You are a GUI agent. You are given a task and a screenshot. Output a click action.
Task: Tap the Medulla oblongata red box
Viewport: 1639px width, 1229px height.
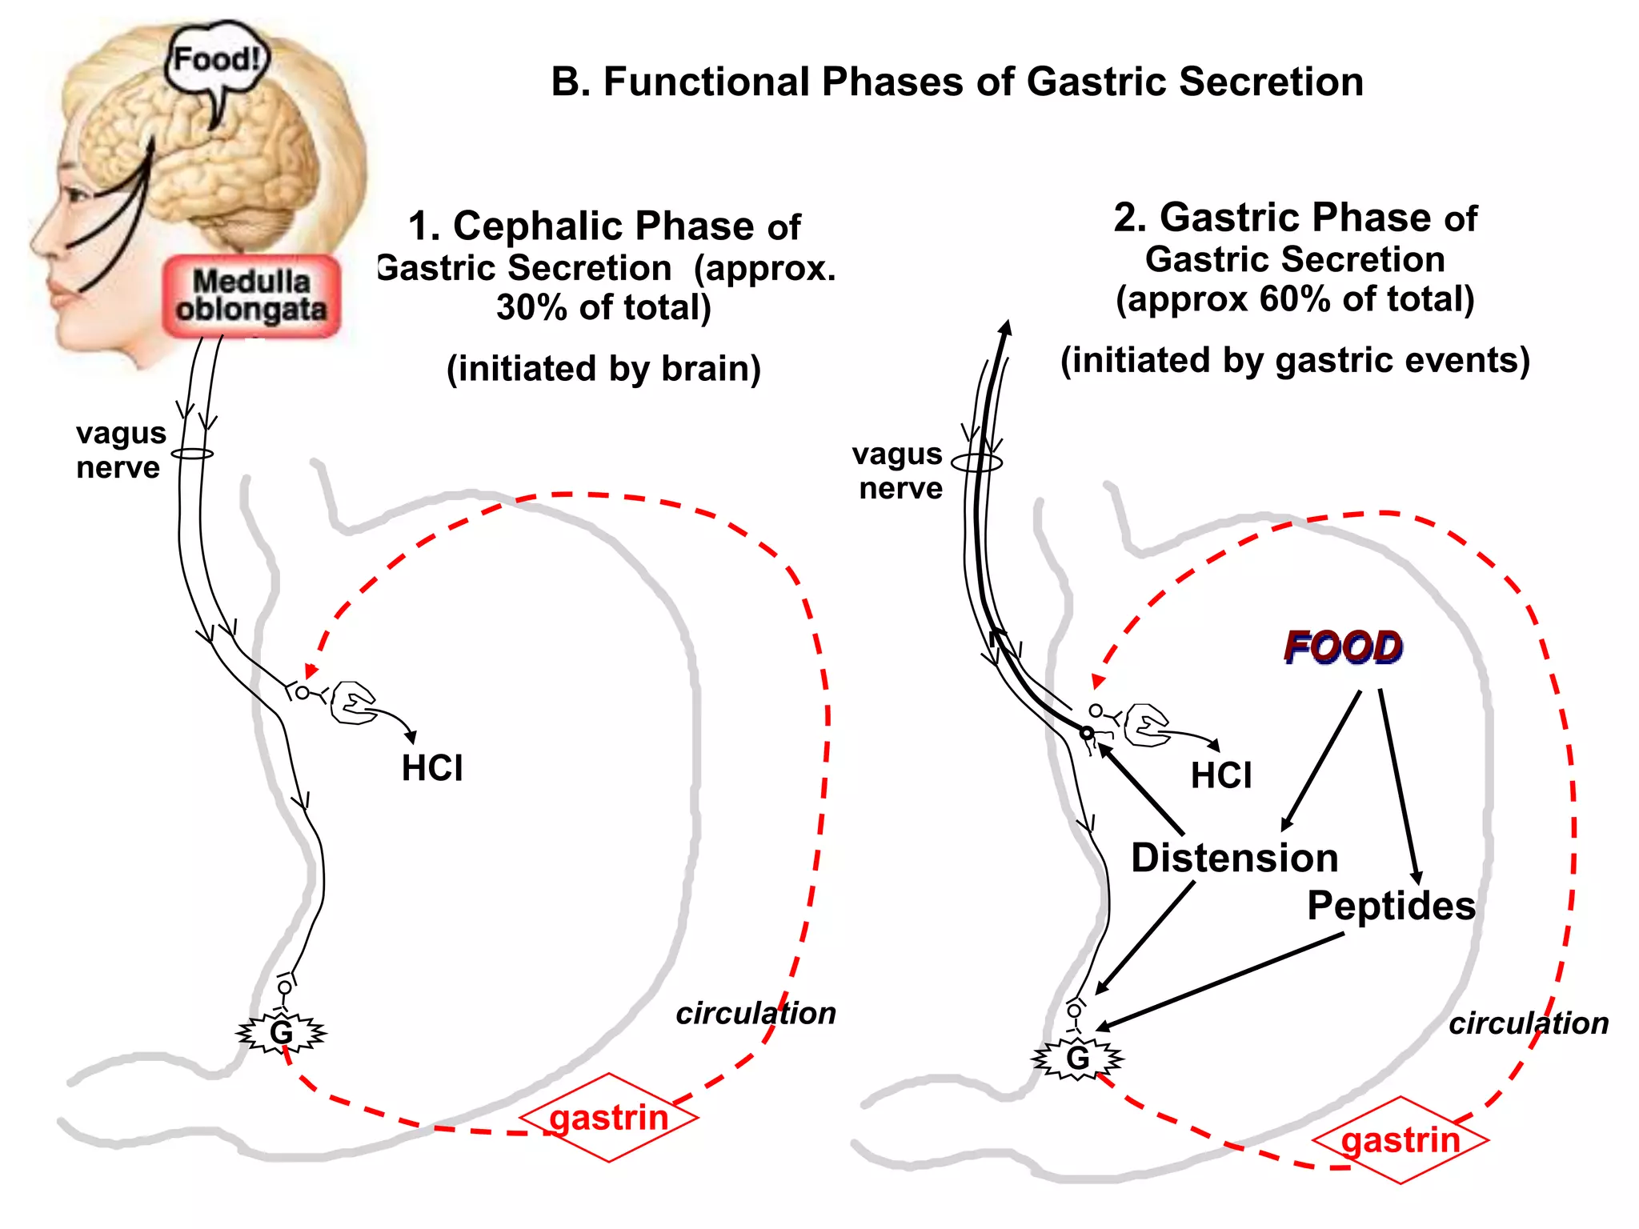(x=251, y=296)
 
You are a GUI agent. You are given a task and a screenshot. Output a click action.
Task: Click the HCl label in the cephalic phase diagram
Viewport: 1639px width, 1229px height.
(x=432, y=768)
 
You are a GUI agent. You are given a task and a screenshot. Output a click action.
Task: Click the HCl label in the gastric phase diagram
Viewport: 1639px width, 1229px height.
(x=1221, y=775)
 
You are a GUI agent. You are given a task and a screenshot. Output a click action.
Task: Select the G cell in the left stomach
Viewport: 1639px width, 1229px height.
(x=281, y=1033)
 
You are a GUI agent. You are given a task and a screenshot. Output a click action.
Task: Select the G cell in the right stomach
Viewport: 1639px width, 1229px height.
(x=1078, y=1059)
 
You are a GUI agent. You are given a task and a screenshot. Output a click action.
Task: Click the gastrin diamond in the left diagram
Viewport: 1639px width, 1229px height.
(x=609, y=1118)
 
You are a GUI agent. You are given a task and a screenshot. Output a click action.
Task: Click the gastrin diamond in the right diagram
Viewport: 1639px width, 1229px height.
(x=1401, y=1140)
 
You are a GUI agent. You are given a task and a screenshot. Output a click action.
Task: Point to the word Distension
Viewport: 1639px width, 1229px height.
(x=1234, y=858)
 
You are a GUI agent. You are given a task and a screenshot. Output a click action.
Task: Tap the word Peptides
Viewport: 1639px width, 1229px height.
(x=1391, y=906)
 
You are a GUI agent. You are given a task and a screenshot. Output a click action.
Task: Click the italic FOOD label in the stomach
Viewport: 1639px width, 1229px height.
(x=1343, y=647)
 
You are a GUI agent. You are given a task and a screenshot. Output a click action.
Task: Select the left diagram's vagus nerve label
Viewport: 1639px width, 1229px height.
(x=120, y=450)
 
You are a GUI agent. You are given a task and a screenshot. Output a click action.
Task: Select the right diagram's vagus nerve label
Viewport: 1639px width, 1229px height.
(x=898, y=470)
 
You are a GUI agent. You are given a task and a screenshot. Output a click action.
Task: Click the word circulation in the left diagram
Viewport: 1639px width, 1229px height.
(x=755, y=1013)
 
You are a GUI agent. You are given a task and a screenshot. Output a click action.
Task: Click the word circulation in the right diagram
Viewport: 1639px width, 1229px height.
(x=1529, y=1023)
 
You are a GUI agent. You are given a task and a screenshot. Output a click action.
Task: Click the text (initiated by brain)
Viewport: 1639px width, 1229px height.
(x=603, y=369)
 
